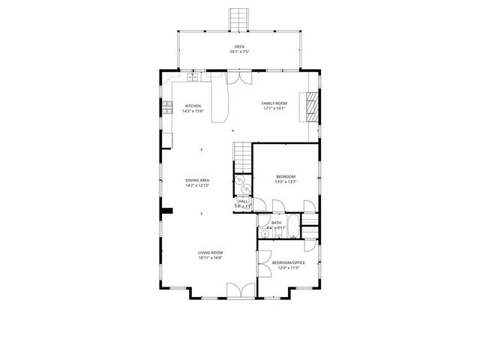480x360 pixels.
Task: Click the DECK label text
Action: point(239,46)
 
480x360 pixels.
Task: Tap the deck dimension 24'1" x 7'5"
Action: point(239,52)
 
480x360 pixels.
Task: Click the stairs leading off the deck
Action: point(239,19)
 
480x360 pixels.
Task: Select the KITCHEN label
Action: point(193,106)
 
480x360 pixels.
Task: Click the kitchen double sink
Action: point(193,76)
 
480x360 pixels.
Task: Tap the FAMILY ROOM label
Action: point(274,103)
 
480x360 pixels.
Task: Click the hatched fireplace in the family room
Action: point(310,106)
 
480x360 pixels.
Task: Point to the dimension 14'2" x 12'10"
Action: point(197,185)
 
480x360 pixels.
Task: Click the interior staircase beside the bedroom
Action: point(241,158)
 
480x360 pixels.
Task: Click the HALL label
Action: point(242,201)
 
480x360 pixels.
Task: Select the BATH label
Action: point(276,222)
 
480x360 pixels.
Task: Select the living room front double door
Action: point(240,291)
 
